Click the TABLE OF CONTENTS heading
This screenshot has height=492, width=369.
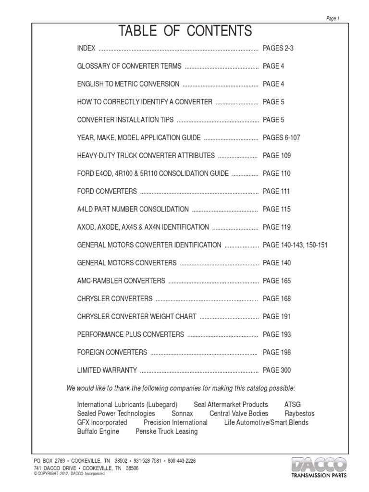click(185, 31)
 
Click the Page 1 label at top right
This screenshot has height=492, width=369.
click(332, 19)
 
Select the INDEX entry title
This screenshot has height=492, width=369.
click(86, 49)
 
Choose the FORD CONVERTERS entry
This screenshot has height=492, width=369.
click(107, 191)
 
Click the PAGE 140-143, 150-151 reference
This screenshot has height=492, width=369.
click(295, 245)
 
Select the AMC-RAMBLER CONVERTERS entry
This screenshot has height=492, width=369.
click(121, 281)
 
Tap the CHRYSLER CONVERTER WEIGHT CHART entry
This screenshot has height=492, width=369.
click(136, 317)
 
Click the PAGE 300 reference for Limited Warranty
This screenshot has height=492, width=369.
click(277, 370)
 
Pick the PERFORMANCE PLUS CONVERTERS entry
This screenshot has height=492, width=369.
click(130, 334)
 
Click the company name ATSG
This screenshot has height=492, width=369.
click(293, 405)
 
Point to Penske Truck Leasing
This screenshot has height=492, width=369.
click(167, 431)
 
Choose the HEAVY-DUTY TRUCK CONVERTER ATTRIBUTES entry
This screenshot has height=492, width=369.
click(146, 156)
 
